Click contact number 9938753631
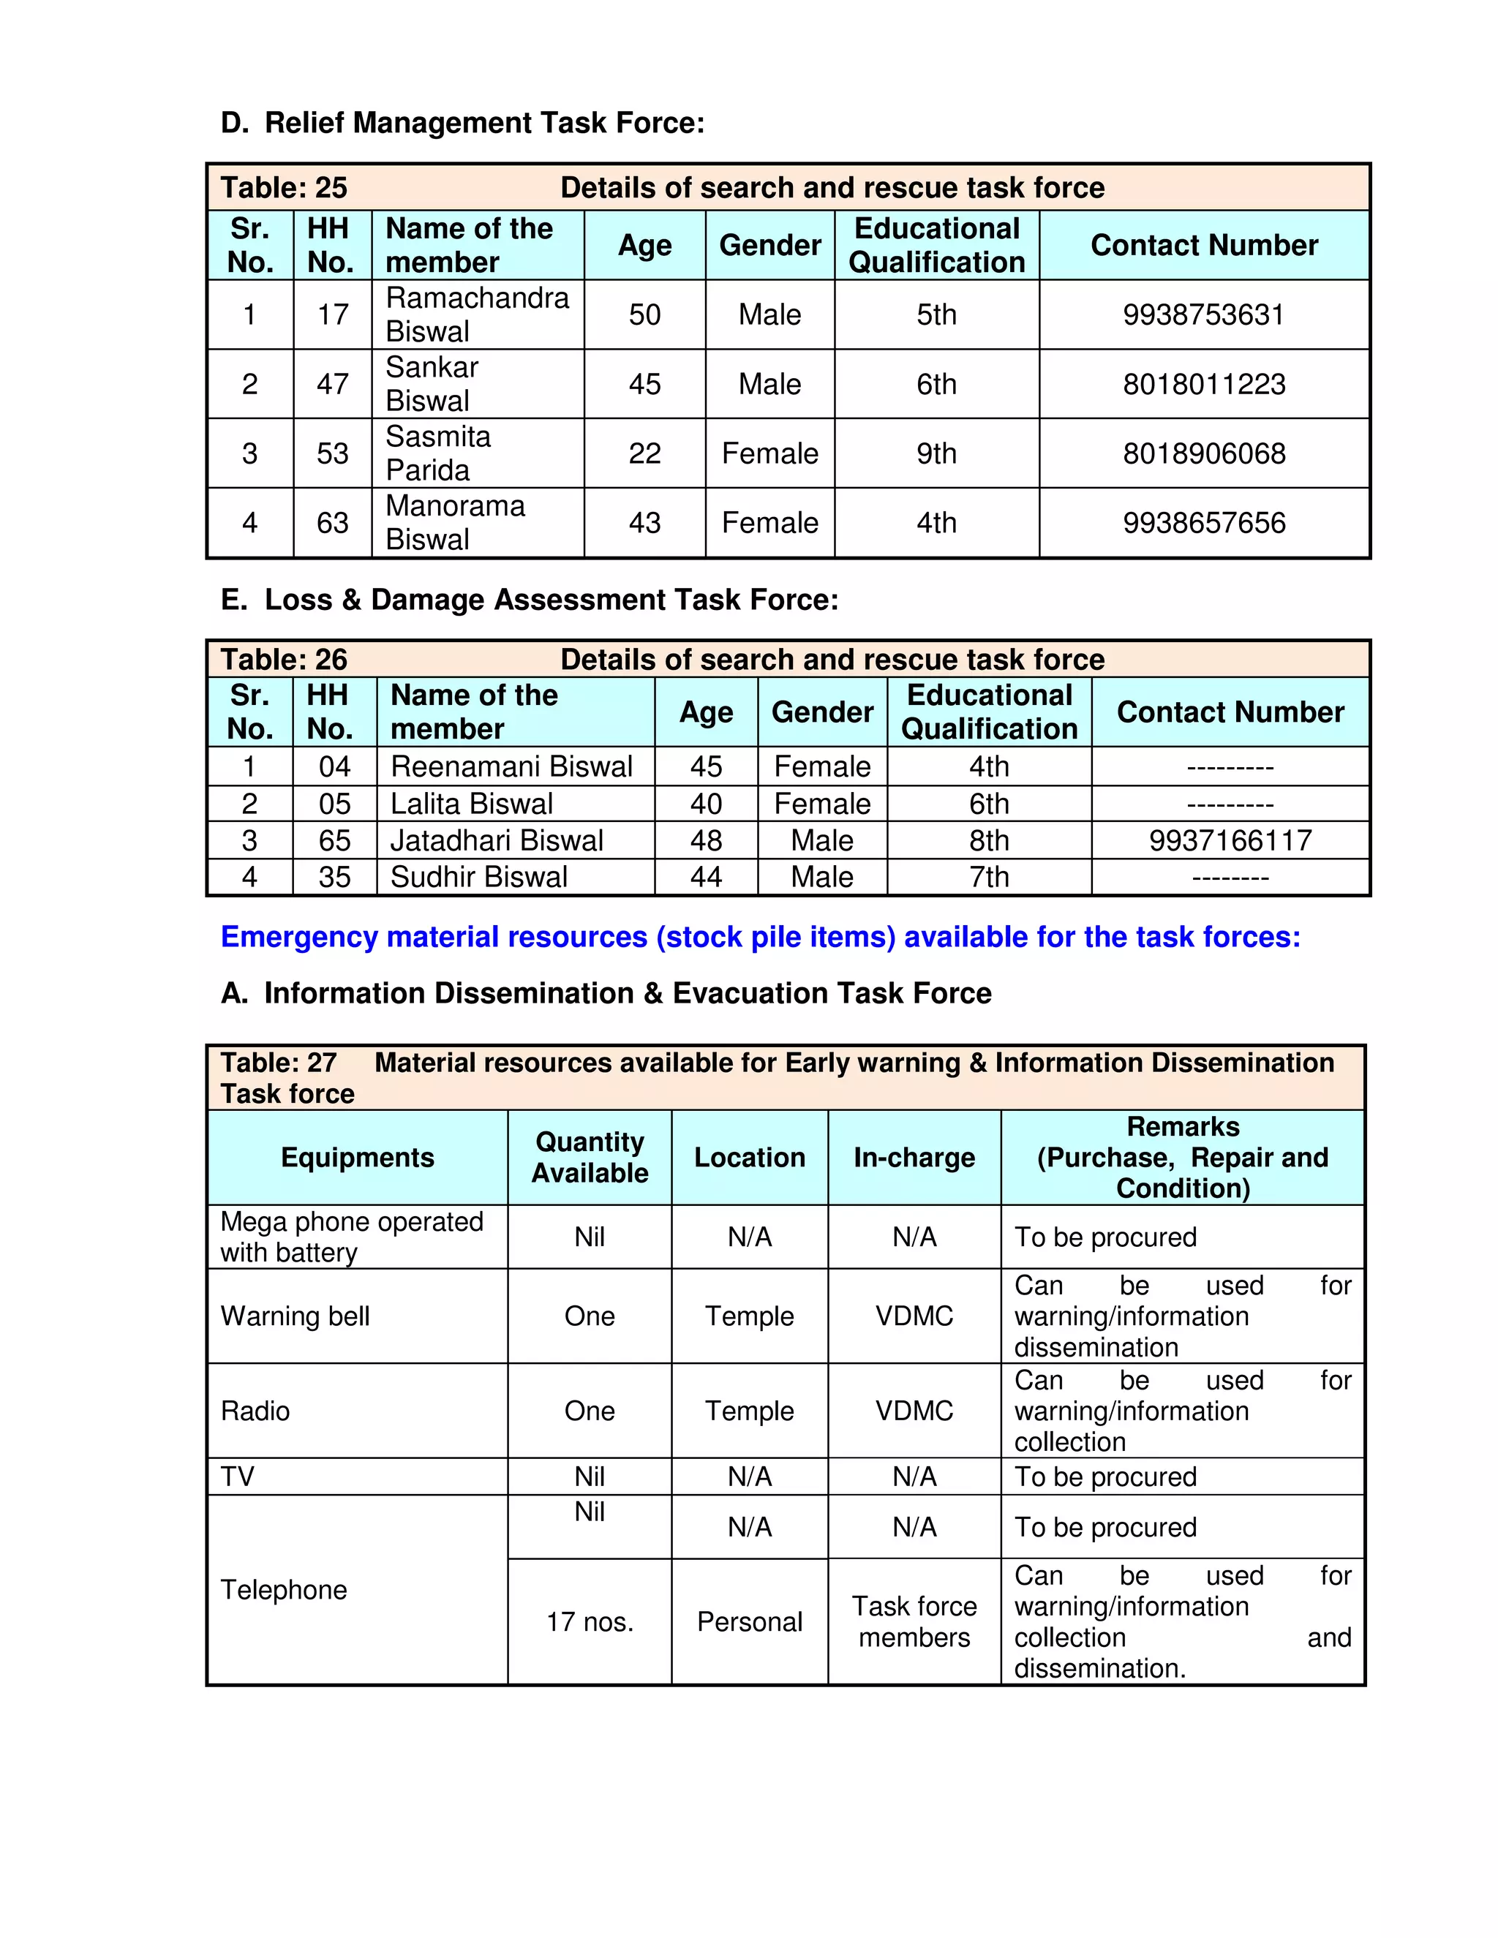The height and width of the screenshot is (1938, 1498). point(1203,315)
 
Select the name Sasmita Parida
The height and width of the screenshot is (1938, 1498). point(438,453)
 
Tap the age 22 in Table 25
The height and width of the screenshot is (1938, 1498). point(644,453)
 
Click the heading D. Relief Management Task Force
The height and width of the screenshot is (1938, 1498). point(462,122)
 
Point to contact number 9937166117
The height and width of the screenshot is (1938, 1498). point(1230,840)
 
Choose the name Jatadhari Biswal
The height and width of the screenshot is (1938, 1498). point(496,840)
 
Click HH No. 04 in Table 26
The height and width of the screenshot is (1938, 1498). point(334,766)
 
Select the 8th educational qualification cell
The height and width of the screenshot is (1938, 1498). point(989,840)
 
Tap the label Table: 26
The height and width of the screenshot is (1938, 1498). point(284,660)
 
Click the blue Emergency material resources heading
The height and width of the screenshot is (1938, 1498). point(761,937)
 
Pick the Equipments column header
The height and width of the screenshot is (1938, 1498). point(358,1157)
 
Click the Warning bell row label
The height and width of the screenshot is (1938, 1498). point(296,1316)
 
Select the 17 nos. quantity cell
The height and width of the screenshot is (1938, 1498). point(590,1622)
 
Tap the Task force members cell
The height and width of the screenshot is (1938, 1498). point(914,1622)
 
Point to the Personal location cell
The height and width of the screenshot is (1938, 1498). point(749,1622)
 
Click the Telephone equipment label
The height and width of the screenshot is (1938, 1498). point(284,1589)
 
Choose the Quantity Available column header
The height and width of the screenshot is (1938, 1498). point(590,1157)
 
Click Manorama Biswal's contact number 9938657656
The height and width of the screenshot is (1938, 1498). point(1203,523)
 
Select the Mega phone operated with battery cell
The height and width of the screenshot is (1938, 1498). point(353,1237)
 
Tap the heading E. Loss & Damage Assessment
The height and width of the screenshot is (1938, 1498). point(529,600)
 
